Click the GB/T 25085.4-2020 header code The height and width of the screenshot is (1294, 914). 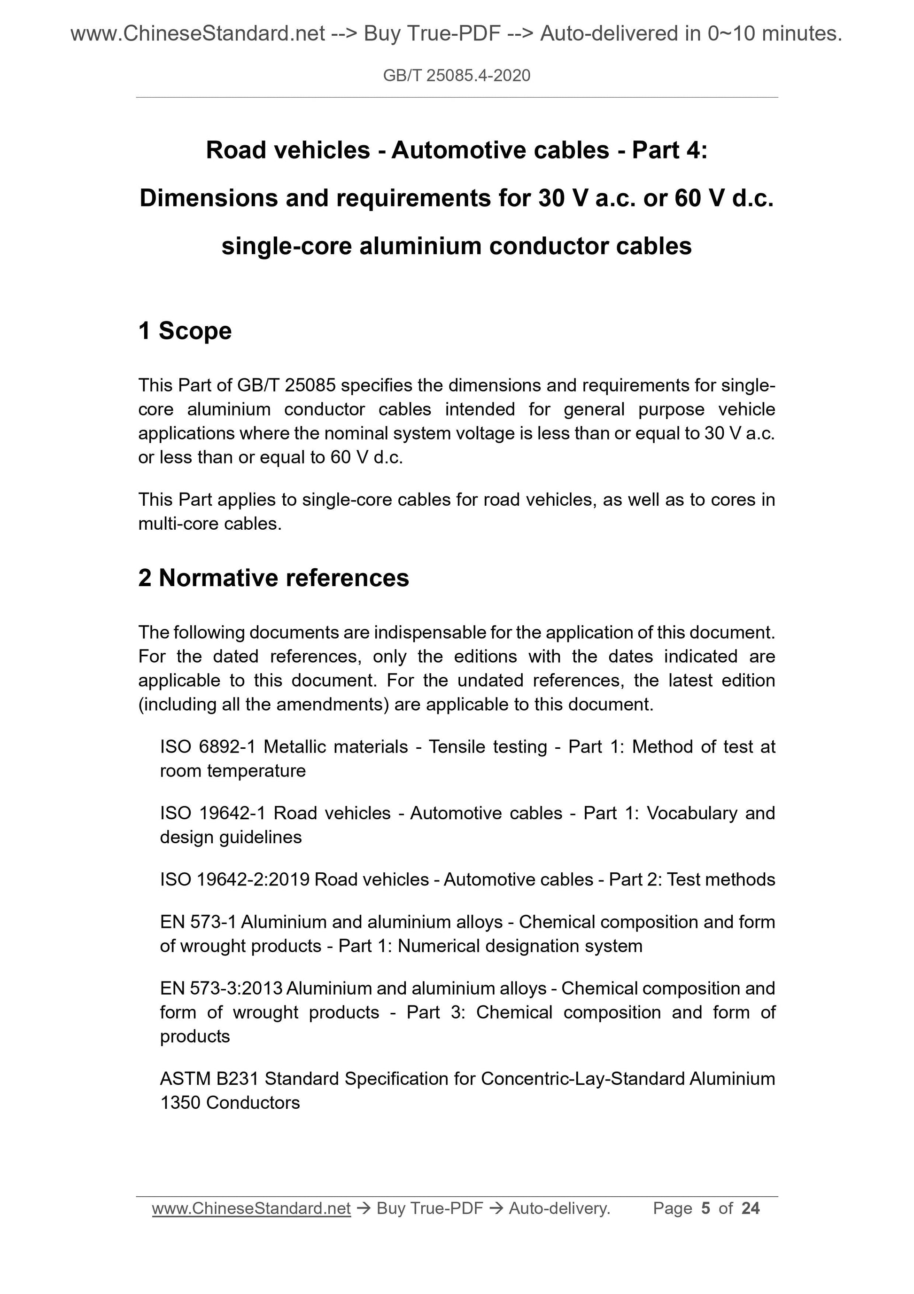point(456,76)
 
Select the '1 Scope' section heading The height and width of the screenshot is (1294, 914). point(185,331)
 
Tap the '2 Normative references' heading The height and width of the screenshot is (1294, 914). point(274,578)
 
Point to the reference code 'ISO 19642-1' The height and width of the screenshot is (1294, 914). point(212,813)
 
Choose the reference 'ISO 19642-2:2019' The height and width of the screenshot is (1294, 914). point(235,880)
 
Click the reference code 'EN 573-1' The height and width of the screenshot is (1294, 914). point(198,922)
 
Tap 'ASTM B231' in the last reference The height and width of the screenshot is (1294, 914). point(209,1079)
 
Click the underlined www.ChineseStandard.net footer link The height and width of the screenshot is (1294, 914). point(251,1208)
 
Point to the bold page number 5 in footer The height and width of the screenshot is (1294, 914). point(705,1208)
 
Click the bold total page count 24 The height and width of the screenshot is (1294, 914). point(751,1208)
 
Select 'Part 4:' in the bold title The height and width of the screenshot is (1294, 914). point(669,150)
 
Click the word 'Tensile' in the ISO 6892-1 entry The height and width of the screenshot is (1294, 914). point(456,747)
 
